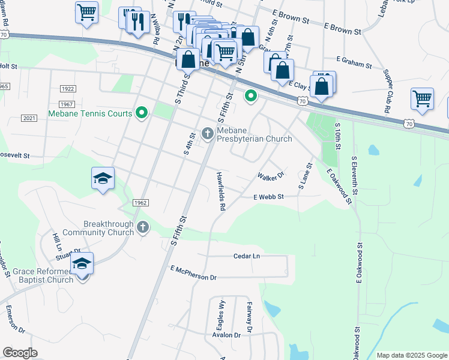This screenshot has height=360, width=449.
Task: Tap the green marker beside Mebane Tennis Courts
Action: (x=142, y=112)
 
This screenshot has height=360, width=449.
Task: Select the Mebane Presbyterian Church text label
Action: (x=255, y=134)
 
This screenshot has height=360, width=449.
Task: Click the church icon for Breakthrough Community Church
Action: (x=142, y=227)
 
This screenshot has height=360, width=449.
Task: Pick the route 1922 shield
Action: (x=67, y=88)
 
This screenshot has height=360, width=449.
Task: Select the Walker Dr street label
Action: (x=270, y=176)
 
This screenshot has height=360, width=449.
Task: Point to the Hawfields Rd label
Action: (x=220, y=190)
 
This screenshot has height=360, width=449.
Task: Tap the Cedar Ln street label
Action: (x=247, y=256)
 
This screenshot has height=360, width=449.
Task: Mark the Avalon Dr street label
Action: (x=226, y=335)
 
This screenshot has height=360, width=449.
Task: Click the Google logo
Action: (x=20, y=353)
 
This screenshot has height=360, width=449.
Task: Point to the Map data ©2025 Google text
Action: (x=411, y=355)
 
